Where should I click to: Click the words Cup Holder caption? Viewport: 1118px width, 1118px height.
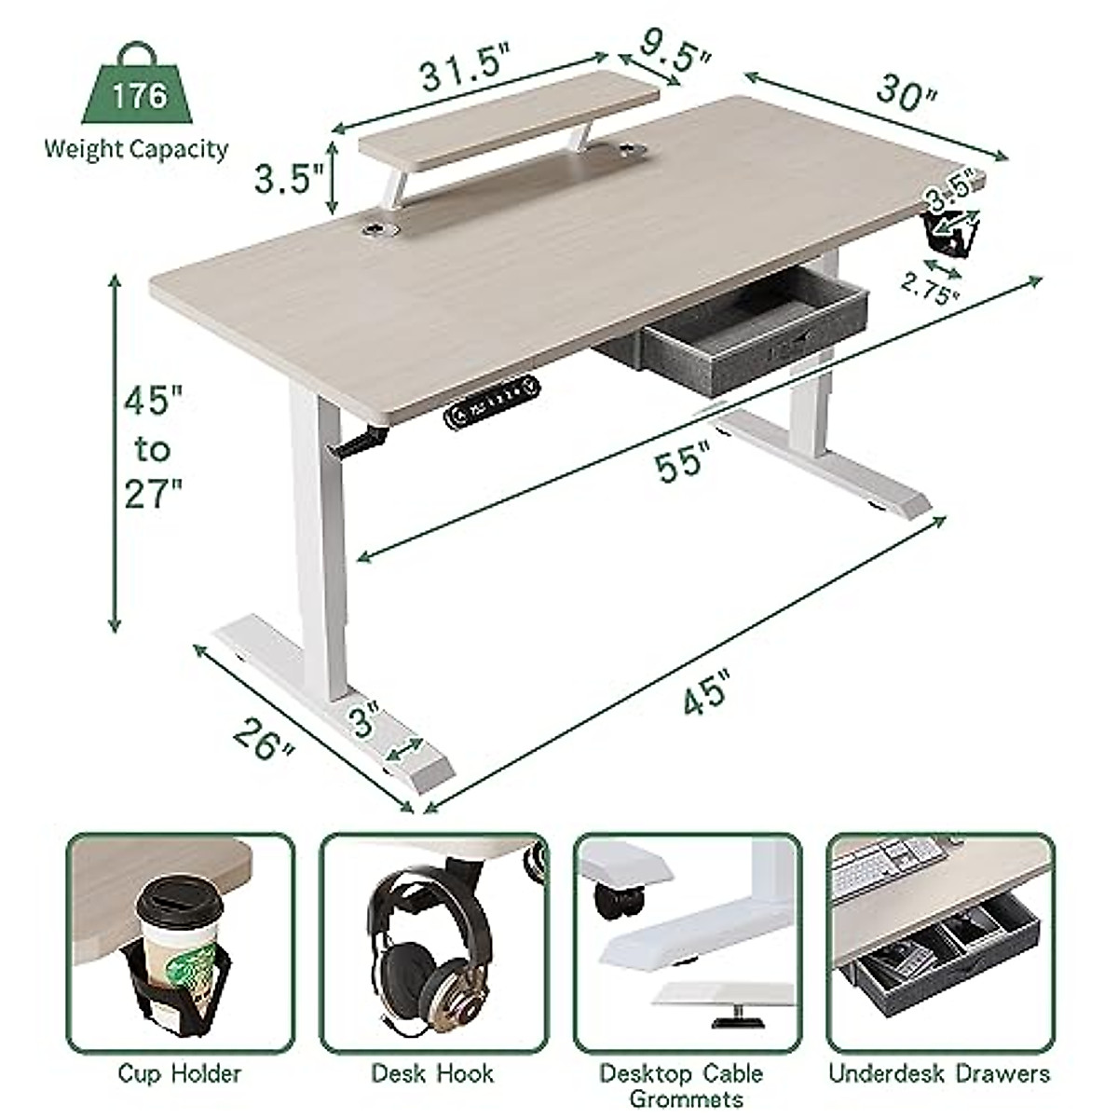180,1073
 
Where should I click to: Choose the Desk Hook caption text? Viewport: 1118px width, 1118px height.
432,1073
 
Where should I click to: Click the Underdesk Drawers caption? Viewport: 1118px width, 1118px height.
939,1073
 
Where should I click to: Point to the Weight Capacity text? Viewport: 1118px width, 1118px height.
136,149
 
